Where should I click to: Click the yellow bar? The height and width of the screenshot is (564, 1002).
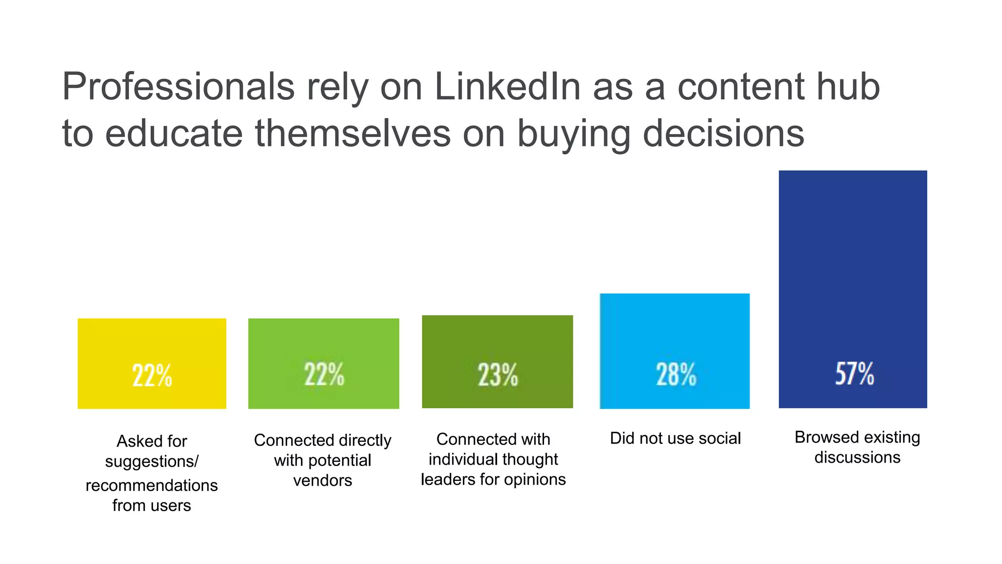(152, 343)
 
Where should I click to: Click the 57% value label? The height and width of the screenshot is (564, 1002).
(854, 374)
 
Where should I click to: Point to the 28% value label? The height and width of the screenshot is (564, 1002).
(676, 375)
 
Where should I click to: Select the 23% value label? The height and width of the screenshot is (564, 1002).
(498, 376)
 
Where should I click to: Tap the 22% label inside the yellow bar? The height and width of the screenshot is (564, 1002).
(152, 376)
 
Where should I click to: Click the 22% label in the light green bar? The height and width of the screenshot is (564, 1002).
(324, 375)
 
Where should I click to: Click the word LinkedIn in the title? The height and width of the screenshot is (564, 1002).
(507, 87)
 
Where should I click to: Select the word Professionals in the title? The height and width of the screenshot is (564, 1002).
(178, 87)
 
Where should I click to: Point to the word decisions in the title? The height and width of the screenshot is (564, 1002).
(723, 133)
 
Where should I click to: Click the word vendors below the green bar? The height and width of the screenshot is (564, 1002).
(322, 480)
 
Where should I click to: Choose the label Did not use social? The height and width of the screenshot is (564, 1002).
(675, 438)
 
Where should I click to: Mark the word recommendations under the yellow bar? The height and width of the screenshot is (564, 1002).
(152, 485)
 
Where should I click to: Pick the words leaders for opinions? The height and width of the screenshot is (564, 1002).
(493, 479)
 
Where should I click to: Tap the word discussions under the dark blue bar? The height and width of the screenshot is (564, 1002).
(857, 457)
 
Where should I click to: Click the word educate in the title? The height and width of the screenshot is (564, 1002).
(174, 133)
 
